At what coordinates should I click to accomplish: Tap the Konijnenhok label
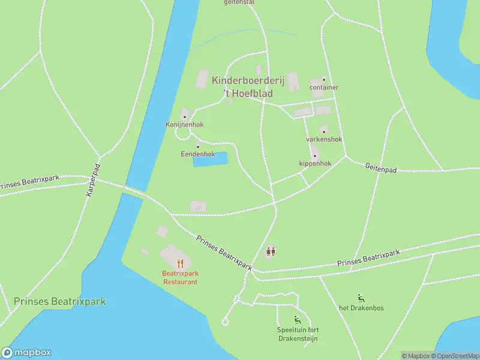(185, 125)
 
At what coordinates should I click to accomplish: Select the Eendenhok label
(198, 154)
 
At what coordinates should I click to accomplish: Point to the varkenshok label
(324, 139)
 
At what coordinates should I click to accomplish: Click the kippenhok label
(315, 163)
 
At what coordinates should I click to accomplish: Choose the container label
(324, 88)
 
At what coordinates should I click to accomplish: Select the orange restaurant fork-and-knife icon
(180, 263)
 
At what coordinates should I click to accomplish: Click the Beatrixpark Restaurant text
(180, 278)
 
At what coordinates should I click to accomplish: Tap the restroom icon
(271, 252)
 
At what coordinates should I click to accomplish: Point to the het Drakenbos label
(361, 308)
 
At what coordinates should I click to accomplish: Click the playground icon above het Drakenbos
(361, 298)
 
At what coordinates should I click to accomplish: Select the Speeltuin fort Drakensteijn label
(297, 335)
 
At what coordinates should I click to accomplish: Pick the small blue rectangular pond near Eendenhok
(210, 159)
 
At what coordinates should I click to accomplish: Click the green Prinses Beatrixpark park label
(59, 301)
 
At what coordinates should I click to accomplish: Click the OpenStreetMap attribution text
(455, 356)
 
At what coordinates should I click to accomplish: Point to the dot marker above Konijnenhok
(185, 116)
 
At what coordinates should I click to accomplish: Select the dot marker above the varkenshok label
(324, 131)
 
